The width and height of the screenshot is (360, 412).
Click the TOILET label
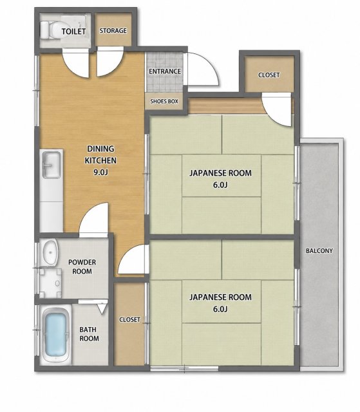73,32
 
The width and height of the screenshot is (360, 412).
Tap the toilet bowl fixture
50,30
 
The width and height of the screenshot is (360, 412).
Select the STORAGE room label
113,31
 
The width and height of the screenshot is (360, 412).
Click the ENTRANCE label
165,71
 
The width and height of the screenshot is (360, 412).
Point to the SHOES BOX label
164,101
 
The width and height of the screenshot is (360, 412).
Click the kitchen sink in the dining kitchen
52,165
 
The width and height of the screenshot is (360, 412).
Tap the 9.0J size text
100,172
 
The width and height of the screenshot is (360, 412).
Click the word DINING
100,149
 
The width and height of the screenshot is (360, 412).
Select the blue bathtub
55,334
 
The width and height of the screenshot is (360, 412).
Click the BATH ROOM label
90,333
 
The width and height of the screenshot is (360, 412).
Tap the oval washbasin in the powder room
50,252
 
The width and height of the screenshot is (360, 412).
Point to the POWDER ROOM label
82,267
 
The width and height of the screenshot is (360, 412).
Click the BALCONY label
319,250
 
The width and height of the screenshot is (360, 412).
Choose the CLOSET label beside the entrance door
269,75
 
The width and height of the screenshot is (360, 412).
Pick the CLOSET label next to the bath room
130,319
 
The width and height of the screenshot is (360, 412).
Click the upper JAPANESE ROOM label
220,178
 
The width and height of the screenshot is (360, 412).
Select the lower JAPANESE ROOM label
220,303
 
